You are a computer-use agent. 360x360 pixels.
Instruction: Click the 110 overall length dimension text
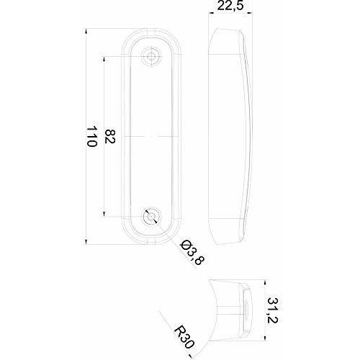coord(92,136)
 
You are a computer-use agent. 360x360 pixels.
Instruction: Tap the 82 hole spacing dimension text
coord(110,136)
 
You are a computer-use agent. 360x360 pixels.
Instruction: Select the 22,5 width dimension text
coord(230,5)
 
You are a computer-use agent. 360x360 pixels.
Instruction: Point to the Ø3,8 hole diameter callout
coord(193,252)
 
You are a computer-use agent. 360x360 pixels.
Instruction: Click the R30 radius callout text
coord(184,338)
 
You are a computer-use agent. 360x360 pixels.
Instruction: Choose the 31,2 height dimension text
coord(273,310)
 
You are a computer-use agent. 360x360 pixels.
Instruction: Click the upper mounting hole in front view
coord(151,56)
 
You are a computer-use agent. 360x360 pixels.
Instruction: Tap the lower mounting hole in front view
coord(151,217)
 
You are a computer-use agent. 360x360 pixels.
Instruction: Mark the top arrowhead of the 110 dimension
coord(86,31)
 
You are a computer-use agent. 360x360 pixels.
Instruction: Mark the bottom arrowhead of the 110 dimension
coord(86,242)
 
